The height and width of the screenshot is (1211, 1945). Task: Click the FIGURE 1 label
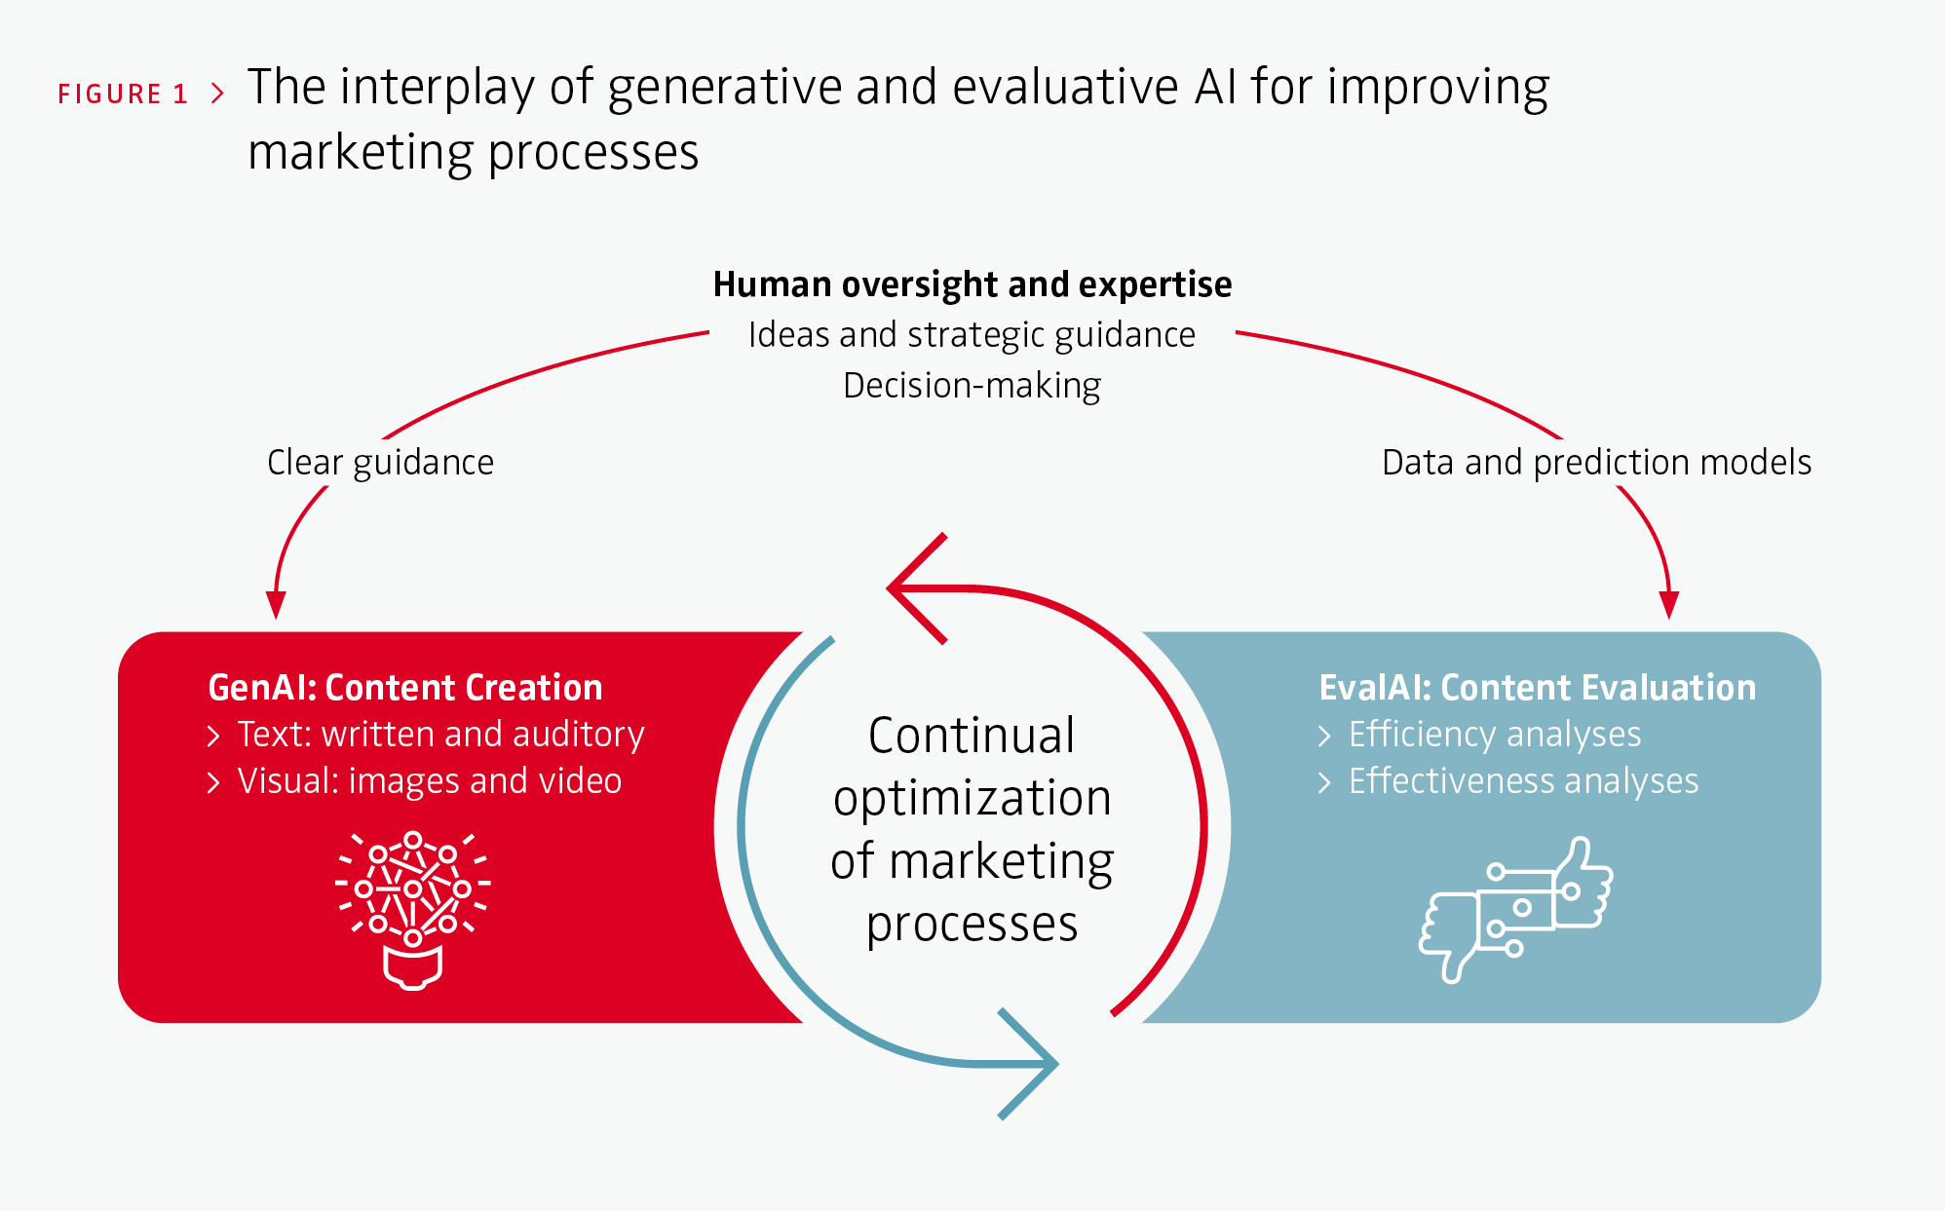[x=123, y=94]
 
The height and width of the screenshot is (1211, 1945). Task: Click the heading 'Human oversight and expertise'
[x=972, y=284]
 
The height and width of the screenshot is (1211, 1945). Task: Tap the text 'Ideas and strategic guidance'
[x=972, y=335]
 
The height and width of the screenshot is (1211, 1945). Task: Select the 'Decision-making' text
[x=972, y=386]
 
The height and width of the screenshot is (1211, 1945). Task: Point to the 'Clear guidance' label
[x=380, y=463]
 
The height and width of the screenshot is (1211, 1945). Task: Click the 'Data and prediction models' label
[x=1596, y=463]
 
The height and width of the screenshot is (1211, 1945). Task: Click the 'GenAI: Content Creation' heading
[x=405, y=688]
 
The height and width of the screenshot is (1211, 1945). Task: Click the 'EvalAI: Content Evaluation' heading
[x=1538, y=688]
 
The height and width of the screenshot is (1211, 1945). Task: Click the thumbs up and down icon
[x=1516, y=909]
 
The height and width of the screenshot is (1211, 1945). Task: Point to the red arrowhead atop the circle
[x=916, y=588]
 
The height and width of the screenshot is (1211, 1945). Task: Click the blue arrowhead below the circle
[x=1029, y=1064]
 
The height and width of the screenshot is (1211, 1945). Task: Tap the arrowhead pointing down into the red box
[x=276, y=605]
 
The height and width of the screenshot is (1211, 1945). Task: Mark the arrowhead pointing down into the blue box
[x=1669, y=605]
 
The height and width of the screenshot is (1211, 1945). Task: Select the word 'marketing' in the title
[x=360, y=153]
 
